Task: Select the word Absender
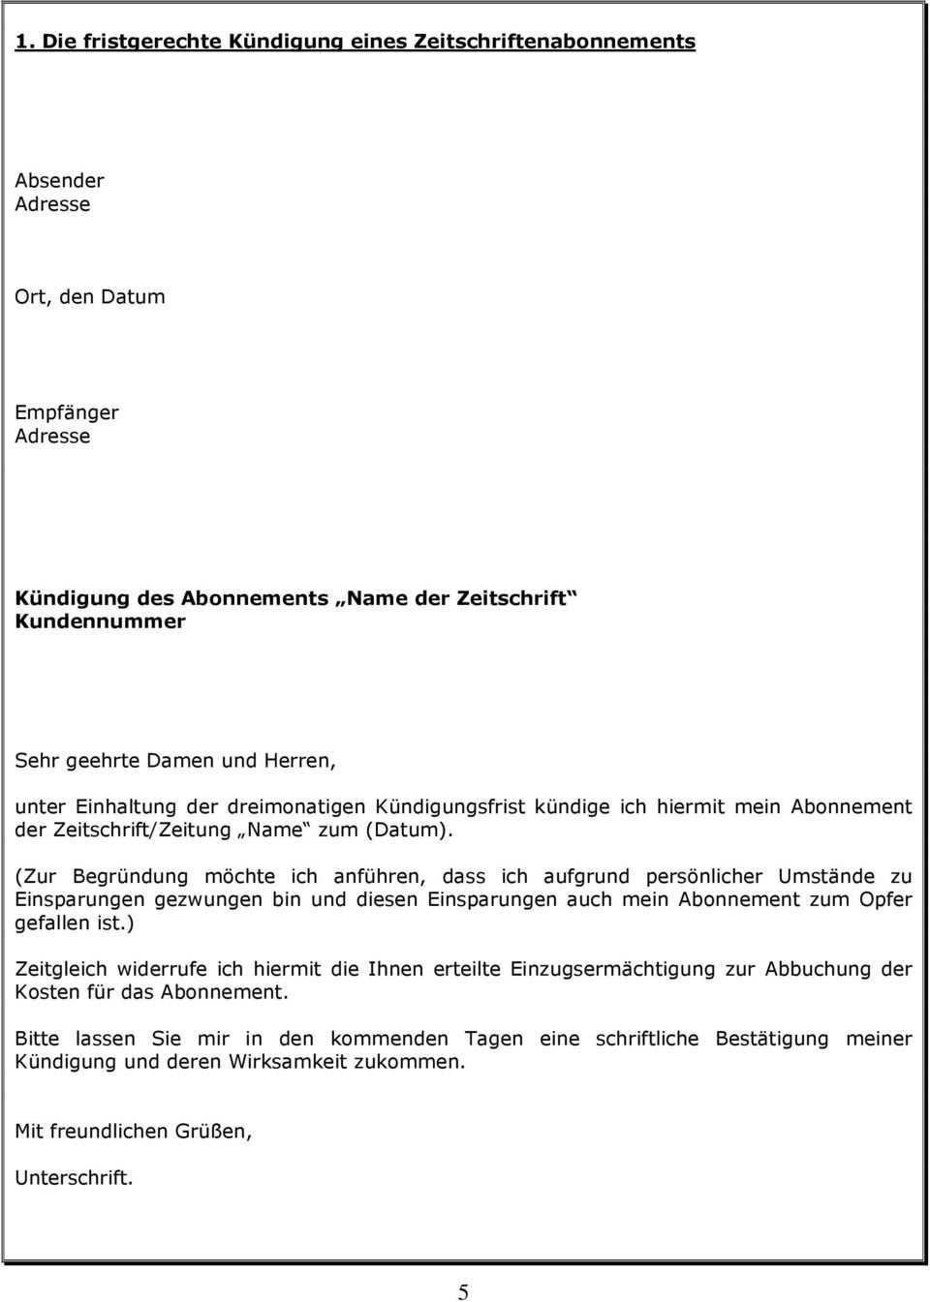coord(59,181)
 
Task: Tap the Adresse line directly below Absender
coord(52,204)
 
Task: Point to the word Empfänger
coord(67,412)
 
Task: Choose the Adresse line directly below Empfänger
coord(52,436)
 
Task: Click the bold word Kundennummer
coord(100,621)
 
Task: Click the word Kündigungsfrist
coord(450,806)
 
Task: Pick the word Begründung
coord(131,877)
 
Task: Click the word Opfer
coord(886,900)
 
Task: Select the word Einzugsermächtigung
coord(618,969)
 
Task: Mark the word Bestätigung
coord(772,1039)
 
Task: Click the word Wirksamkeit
coord(276,1062)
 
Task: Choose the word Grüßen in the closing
coord(213,1132)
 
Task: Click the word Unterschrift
coord(74,1178)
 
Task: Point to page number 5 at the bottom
coord(464,1291)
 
